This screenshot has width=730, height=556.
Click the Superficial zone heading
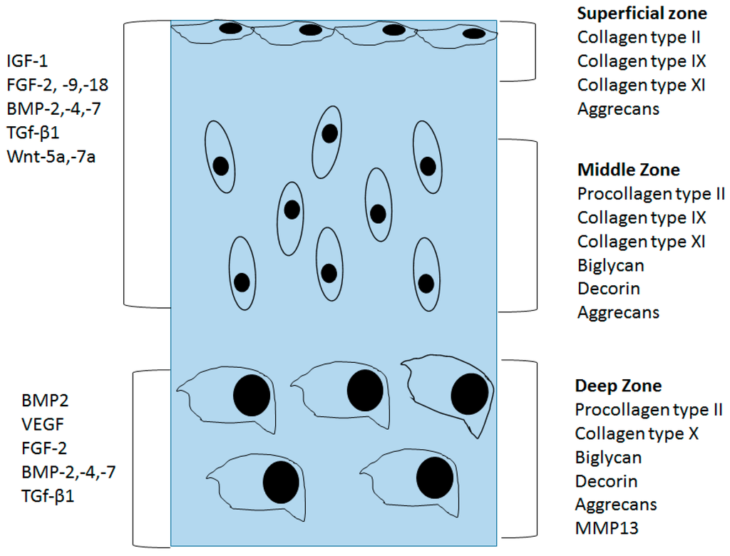click(642, 14)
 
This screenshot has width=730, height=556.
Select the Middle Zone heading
click(628, 170)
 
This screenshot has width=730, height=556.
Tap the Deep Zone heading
click(618, 386)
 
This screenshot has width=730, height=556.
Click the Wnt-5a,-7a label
click(51, 155)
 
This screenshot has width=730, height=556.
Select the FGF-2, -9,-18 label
click(58, 86)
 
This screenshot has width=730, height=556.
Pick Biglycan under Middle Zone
click(610, 265)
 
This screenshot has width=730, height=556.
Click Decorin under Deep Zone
click(606, 481)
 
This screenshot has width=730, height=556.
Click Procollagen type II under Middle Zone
click(651, 193)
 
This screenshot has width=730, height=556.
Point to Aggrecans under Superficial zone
click(618, 109)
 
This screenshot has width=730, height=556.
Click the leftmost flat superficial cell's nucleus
click(230, 29)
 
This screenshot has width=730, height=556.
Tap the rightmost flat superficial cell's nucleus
click(473, 33)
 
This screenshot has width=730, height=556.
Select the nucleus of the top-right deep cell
click(470, 393)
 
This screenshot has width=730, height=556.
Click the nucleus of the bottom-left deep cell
click(281, 482)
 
